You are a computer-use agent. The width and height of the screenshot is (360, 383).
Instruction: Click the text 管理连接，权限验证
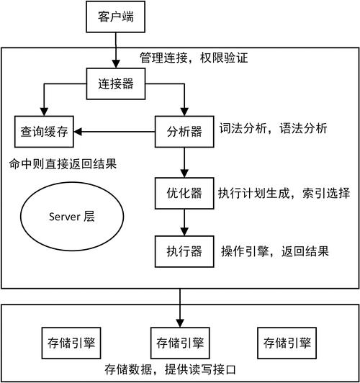pos(193,58)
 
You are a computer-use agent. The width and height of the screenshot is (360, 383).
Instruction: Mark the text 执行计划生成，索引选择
pos(284,193)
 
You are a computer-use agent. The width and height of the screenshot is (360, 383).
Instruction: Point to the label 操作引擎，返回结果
pos(274,252)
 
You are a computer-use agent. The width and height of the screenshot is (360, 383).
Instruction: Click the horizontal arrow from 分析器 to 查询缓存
pos(115,132)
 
